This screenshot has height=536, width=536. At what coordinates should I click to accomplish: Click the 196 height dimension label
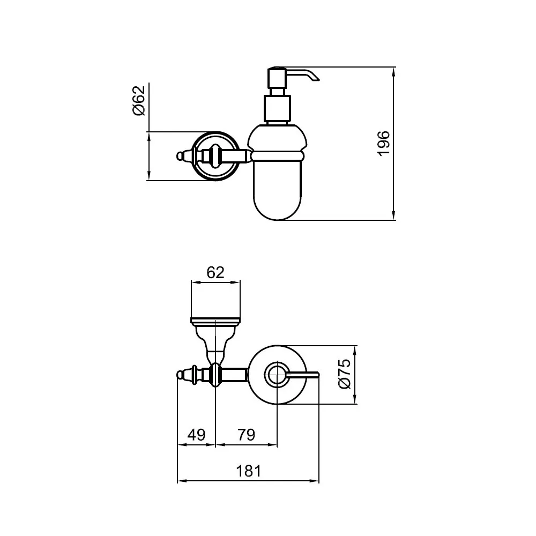[x=384, y=143]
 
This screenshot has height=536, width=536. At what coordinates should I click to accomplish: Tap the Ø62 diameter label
[x=139, y=101]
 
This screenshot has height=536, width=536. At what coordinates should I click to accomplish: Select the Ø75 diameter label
[x=345, y=374]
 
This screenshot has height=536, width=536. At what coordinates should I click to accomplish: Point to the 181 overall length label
[x=249, y=471]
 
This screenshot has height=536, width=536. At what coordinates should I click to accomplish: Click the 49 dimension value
[x=196, y=435]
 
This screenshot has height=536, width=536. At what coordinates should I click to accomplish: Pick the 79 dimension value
[x=247, y=435]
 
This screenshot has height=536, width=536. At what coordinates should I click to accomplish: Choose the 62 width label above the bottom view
[x=215, y=272]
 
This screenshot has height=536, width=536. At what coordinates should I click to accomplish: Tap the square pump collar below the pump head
[x=278, y=108]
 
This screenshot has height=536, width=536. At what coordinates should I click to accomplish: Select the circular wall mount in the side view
[x=215, y=156]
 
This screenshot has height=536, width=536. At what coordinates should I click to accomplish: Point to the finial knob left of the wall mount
[x=181, y=156]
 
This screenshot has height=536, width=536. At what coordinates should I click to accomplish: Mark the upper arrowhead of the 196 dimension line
[x=394, y=72]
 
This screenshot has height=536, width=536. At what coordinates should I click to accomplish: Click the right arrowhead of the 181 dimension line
[x=314, y=481]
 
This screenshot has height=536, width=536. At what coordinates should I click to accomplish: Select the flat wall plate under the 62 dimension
[x=215, y=321]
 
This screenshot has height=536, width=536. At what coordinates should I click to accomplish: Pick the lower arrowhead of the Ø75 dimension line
[x=354, y=399]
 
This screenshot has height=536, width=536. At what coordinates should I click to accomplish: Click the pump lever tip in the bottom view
[x=317, y=375]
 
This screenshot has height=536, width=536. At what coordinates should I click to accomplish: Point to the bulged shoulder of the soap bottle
[x=277, y=139]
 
